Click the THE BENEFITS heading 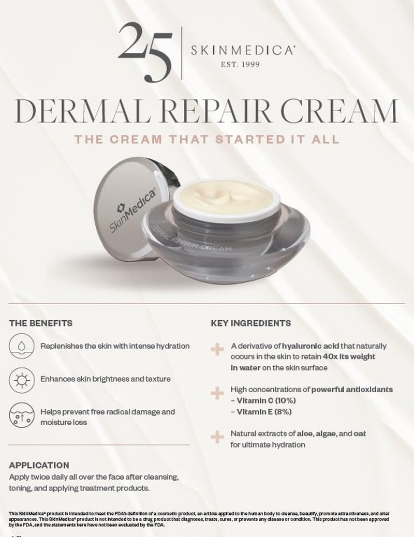(41, 323)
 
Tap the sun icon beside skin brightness (21, 380)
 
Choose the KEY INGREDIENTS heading (250, 323)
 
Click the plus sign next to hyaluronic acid (217, 349)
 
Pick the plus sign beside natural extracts (217, 437)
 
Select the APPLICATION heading (39, 465)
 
